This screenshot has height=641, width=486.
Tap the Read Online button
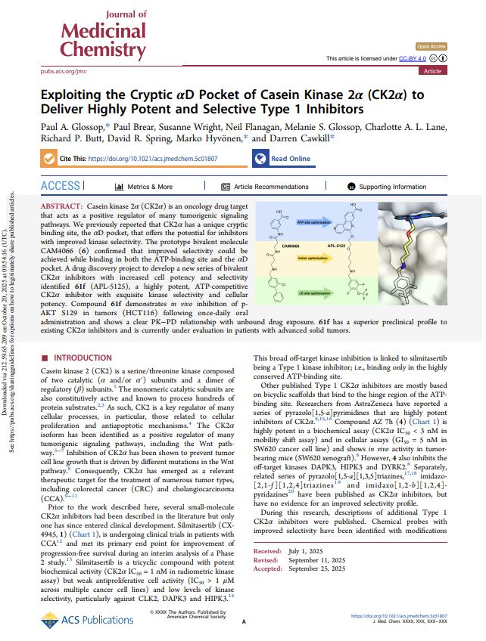point(282,159)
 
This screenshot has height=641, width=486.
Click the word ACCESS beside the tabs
point(60,186)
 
